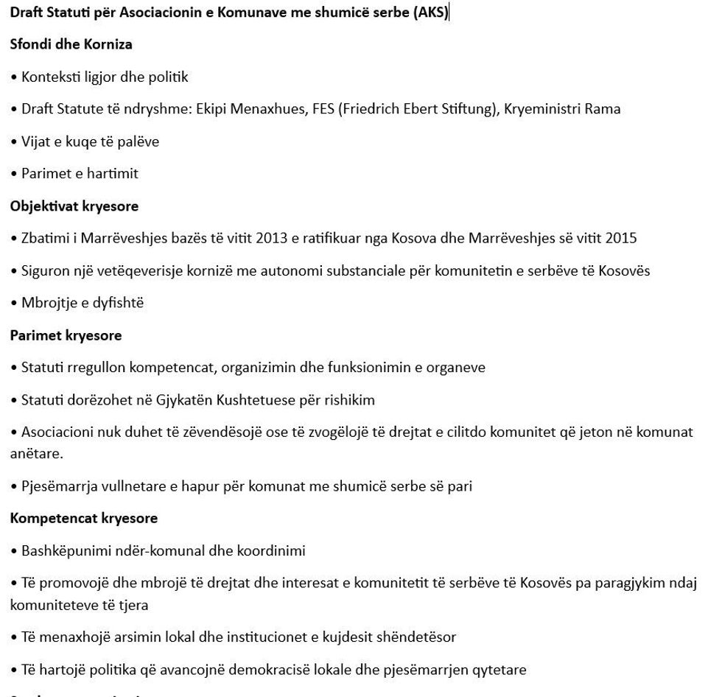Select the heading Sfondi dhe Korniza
pyautogui.click(x=71, y=44)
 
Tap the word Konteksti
pyautogui.click(x=51, y=77)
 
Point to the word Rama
pyautogui.click(x=603, y=109)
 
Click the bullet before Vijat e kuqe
pyautogui.click(x=14, y=141)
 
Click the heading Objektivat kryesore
pyautogui.click(x=74, y=206)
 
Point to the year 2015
pyautogui.click(x=621, y=239)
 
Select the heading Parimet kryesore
pyautogui.click(x=66, y=335)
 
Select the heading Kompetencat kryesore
pyautogui.click(x=83, y=519)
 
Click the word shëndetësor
pyautogui.click(x=413, y=637)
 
